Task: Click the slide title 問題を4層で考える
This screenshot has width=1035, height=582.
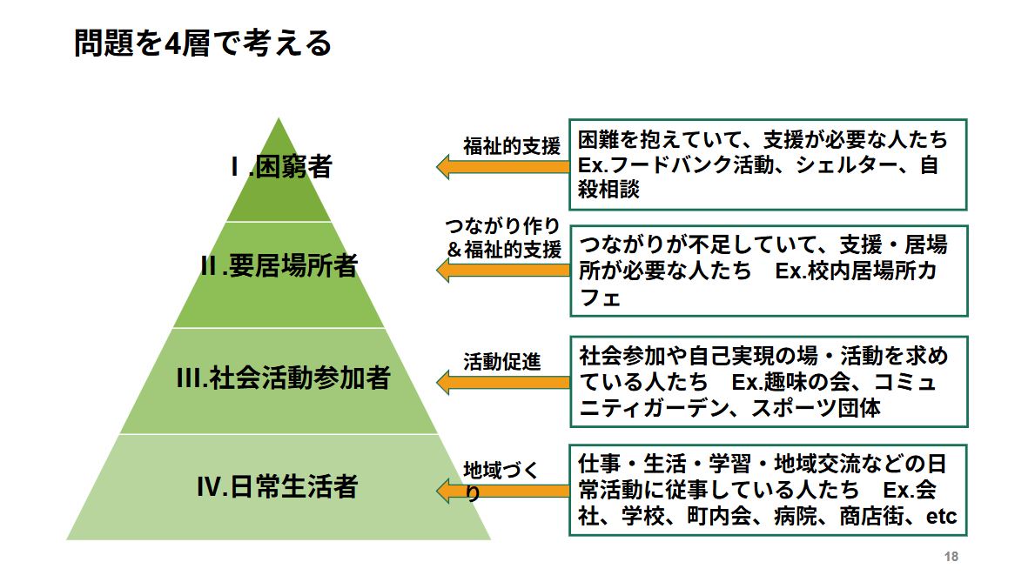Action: [203, 43]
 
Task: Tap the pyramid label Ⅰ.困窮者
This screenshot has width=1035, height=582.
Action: [280, 166]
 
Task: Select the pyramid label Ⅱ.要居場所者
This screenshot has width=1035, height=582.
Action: [279, 266]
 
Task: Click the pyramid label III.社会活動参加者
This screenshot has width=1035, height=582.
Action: [283, 379]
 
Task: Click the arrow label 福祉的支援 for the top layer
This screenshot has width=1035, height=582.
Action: [512, 146]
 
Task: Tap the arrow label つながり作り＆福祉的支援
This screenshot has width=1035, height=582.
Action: [503, 237]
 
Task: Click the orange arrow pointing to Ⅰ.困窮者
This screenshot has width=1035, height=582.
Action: [502, 166]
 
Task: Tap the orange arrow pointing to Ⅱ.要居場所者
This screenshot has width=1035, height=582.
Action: [502, 270]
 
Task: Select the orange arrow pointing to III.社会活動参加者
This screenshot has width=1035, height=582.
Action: [502, 381]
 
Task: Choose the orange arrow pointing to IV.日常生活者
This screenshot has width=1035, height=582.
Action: [502, 492]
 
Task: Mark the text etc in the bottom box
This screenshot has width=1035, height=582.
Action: [941, 517]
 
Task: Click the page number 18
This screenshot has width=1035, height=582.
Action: [951, 557]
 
